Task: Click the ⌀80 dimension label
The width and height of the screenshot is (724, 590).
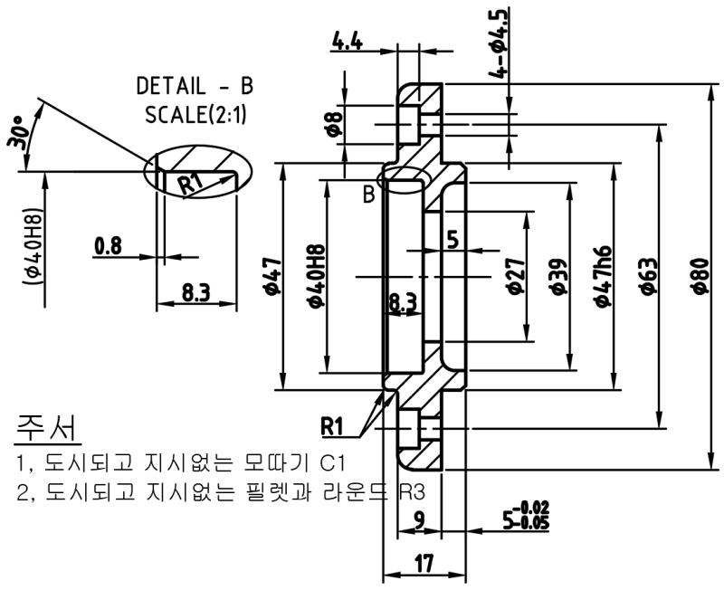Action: pyautogui.click(x=700, y=275)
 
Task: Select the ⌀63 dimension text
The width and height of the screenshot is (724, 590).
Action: pyautogui.click(x=649, y=275)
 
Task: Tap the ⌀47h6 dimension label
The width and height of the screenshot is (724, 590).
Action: pyautogui.click(x=603, y=277)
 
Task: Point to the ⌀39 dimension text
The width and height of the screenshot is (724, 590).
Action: pyautogui.click(x=558, y=276)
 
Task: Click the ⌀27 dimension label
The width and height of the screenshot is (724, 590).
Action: pyautogui.click(x=516, y=276)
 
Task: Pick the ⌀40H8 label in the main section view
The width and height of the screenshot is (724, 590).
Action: pyautogui.click(x=316, y=276)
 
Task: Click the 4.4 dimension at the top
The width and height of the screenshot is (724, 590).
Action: pyautogui.click(x=348, y=43)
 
